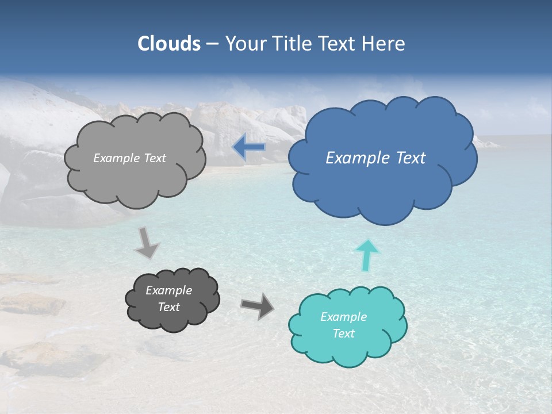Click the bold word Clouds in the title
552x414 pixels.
click(x=169, y=44)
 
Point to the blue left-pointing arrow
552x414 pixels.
click(x=248, y=148)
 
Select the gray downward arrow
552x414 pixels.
click(x=147, y=242)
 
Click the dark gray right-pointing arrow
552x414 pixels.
click(x=258, y=305)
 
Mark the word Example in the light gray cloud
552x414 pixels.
click(x=116, y=158)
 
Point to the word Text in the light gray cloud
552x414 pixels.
click(x=154, y=158)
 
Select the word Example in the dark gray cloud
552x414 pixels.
click(x=168, y=290)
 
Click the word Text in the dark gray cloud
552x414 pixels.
click(x=168, y=307)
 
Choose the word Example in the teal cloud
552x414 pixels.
click(x=343, y=317)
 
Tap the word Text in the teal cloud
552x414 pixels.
click(x=343, y=333)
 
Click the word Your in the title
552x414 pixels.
click(x=243, y=44)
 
